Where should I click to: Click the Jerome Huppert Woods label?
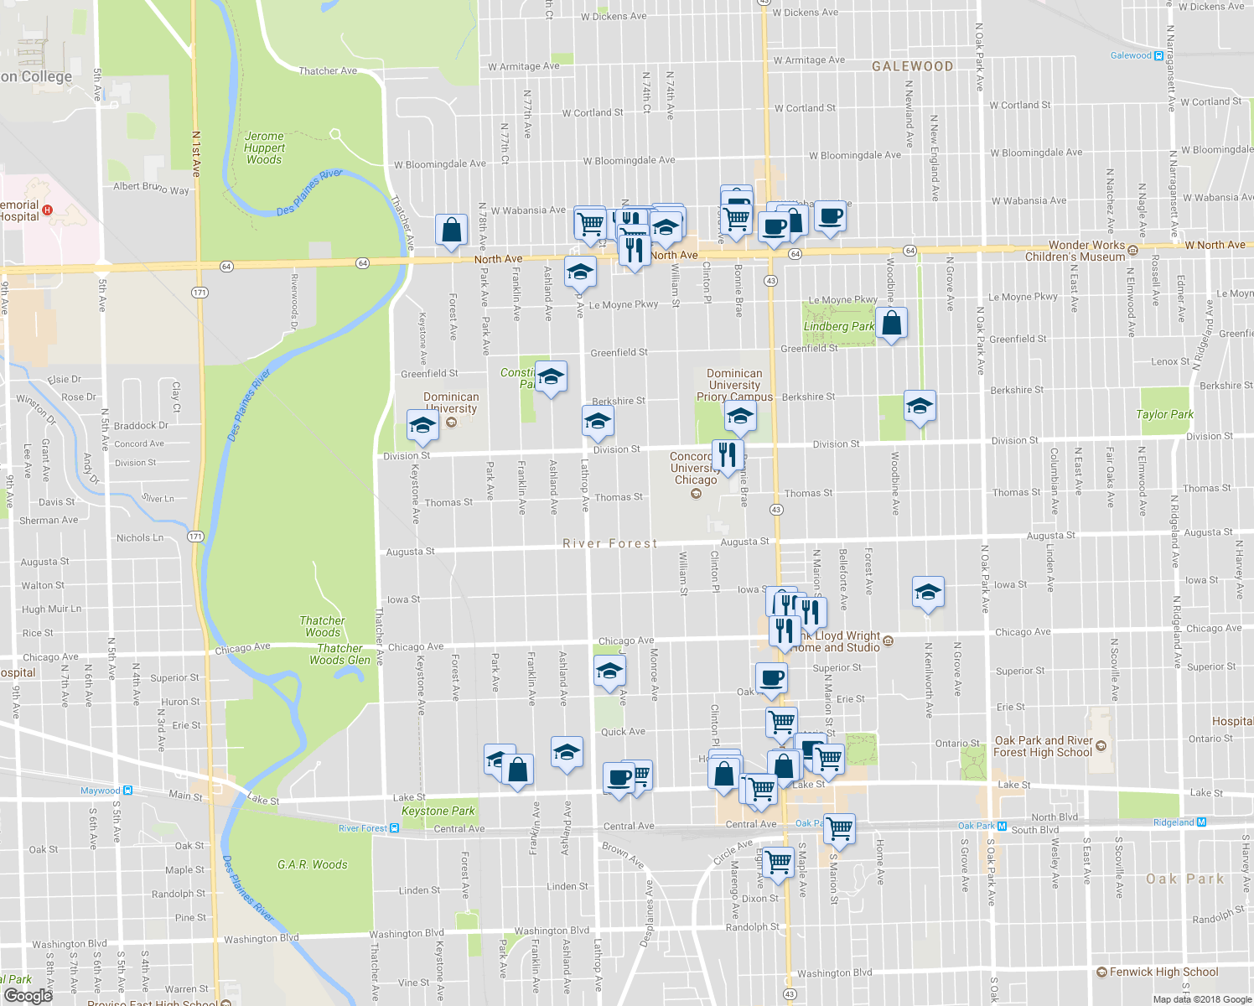pos(264,148)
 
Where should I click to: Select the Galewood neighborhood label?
pos(912,66)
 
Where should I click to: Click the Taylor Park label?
pos(1164,414)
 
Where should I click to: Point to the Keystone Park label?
pos(438,811)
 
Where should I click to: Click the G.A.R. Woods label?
pos(312,864)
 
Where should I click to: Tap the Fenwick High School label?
pos(1163,972)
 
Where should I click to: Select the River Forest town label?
pos(609,543)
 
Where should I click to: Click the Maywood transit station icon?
pos(127,791)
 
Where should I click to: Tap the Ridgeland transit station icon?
pos(1202,822)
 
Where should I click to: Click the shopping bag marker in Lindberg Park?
pos(892,324)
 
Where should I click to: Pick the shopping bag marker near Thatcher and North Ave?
pos(451,230)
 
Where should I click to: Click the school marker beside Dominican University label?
pos(422,426)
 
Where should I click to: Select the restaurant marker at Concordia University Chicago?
pos(728,455)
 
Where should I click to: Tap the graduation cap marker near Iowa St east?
pos(927,593)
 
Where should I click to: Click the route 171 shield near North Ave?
pos(199,292)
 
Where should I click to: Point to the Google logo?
pos(28,995)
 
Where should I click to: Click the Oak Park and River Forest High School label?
pos(1044,746)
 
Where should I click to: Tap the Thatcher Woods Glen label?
pos(339,654)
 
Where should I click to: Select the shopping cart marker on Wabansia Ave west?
pos(590,223)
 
